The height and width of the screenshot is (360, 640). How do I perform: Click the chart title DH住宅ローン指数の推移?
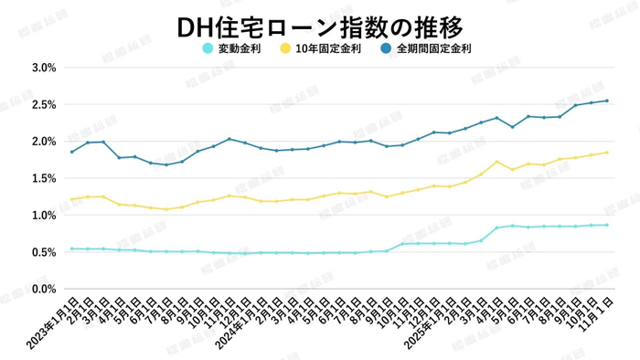(x=320, y=25)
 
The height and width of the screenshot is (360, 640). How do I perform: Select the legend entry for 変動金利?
(x=240, y=48)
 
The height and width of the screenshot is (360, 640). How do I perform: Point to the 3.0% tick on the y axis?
(x=43, y=68)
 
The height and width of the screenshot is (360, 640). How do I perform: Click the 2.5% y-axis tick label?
(x=43, y=105)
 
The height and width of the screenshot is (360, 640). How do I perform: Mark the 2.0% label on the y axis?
(x=43, y=142)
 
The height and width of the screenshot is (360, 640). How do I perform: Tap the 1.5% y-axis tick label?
(x=43, y=179)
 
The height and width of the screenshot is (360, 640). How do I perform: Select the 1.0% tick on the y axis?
(x=43, y=216)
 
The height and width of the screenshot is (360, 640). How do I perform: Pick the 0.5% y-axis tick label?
(x=43, y=252)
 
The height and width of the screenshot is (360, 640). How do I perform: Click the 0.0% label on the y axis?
(x=43, y=290)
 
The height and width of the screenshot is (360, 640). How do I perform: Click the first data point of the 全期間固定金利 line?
(x=71, y=152)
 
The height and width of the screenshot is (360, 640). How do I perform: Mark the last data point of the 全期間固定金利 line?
(x=607, y=101)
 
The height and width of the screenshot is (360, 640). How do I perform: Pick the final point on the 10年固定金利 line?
(x=607, y=153)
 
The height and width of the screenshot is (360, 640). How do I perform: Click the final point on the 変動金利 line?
(x=607, y=225)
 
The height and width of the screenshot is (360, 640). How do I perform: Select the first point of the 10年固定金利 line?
(x=71, y=199)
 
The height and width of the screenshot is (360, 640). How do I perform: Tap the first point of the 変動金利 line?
(x=71, y=249)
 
